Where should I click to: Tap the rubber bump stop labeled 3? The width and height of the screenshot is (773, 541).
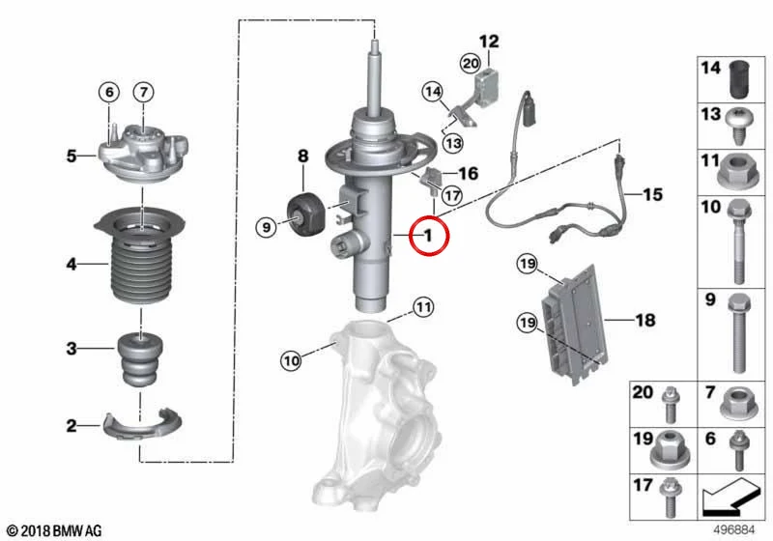(x=141, y=359)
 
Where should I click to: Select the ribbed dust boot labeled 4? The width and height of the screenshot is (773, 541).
(x=140, y=256)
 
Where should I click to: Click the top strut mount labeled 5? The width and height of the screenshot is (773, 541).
(x=143, y=154)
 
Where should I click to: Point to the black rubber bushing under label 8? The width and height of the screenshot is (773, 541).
(x=304, y=216)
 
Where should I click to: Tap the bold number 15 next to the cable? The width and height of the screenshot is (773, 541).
(x=653, y=194)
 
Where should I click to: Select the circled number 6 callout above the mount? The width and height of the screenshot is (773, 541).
(x=109, y=92)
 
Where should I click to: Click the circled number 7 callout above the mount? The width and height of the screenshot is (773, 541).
(x=143, y=92)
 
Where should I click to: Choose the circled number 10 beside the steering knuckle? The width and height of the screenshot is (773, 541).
(x=292, y=361)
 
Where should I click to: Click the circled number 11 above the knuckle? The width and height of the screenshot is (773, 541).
(x=423, y=308)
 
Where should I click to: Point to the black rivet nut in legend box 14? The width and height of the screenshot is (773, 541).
(x=738, y=79)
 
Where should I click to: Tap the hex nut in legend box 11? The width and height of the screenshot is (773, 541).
(x=737, y=173)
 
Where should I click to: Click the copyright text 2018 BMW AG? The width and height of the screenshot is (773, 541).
(x=55, y=531)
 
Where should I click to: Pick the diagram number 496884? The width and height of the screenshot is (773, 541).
(x=734, y=530)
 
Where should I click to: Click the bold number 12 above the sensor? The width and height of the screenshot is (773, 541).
(x=489, y=42)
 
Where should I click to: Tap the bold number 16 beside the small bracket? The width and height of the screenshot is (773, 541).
(x=468, y=174)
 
